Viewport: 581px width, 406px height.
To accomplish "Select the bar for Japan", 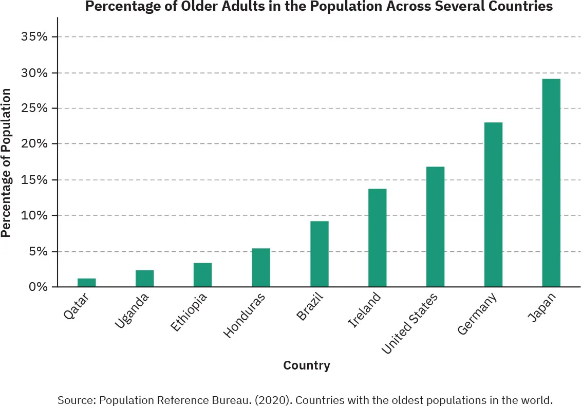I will point(551,182).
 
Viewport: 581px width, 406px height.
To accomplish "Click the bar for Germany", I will point(493,204).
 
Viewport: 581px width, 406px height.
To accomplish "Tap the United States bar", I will point(435,226).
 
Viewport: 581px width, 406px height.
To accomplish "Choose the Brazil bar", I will point(319,254).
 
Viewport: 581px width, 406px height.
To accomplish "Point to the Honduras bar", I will point(261,267).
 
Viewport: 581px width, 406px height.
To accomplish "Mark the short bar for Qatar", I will point(86,282).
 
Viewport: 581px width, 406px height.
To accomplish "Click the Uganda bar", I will point(144,278).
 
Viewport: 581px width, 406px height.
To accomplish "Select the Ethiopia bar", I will point(202,274).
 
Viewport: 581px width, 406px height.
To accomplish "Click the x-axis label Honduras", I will point(245,315).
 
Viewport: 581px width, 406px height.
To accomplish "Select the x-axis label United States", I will point(409,323).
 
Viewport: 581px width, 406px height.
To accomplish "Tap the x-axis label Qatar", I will point(77,306).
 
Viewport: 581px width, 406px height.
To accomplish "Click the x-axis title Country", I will point(306,365).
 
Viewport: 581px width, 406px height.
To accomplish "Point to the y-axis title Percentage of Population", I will point(6,162).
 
